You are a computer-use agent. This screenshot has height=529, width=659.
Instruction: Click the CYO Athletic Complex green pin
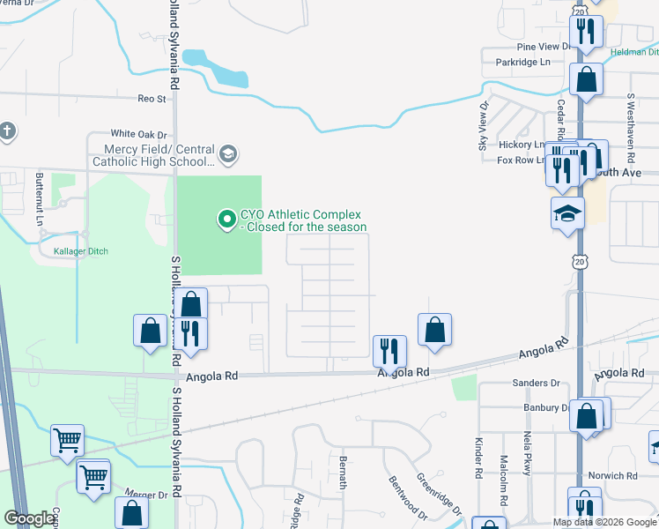click(x=227, y=217)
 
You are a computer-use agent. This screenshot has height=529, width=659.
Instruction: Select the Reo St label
click(x=152, y=100)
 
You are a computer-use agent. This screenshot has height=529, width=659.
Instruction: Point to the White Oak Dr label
click(x=138, y=133)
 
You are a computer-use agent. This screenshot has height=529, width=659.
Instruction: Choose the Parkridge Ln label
click(x=522, y=62)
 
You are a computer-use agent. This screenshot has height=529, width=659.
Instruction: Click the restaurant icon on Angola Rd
click(x=389, y=351)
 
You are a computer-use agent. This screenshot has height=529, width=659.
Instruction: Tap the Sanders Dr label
click(x=536, y=383)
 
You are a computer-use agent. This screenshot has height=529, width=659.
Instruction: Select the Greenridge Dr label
click(x=438, y=495)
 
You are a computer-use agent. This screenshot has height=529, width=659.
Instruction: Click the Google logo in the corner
click(x=30, y=518)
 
